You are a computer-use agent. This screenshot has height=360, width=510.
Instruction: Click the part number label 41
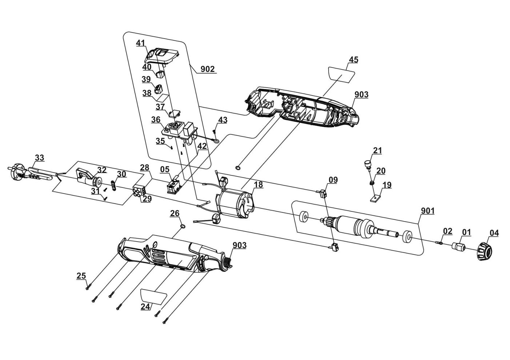click(140, 43)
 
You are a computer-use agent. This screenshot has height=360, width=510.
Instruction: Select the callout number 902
click(208, 69)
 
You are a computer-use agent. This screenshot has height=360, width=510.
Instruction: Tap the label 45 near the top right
click(353, 60)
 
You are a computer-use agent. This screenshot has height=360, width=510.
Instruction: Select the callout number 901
click(427, 211)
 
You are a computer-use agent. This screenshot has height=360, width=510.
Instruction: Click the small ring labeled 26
click(183, 227)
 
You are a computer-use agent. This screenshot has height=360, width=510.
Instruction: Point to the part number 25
click(81, 276)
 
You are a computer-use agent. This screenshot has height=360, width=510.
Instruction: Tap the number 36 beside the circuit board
click(156, 120)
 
